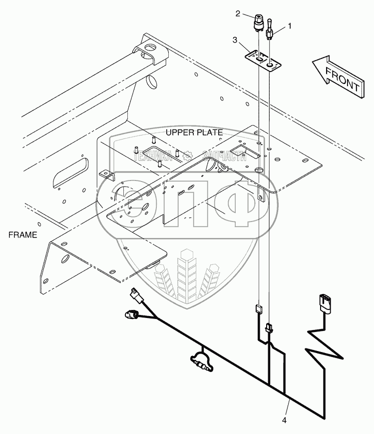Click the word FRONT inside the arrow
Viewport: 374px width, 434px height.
pos(343,78)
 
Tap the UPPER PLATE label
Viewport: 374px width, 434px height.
pos(194,132)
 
